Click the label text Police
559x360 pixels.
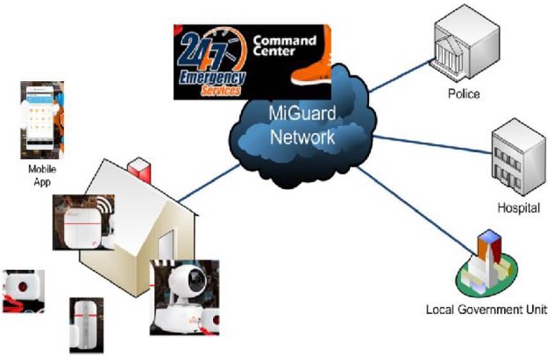pos(464,94)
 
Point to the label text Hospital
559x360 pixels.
pos(519,208)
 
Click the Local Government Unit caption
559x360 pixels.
pos(487,310)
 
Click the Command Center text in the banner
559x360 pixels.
pos(285,46)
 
